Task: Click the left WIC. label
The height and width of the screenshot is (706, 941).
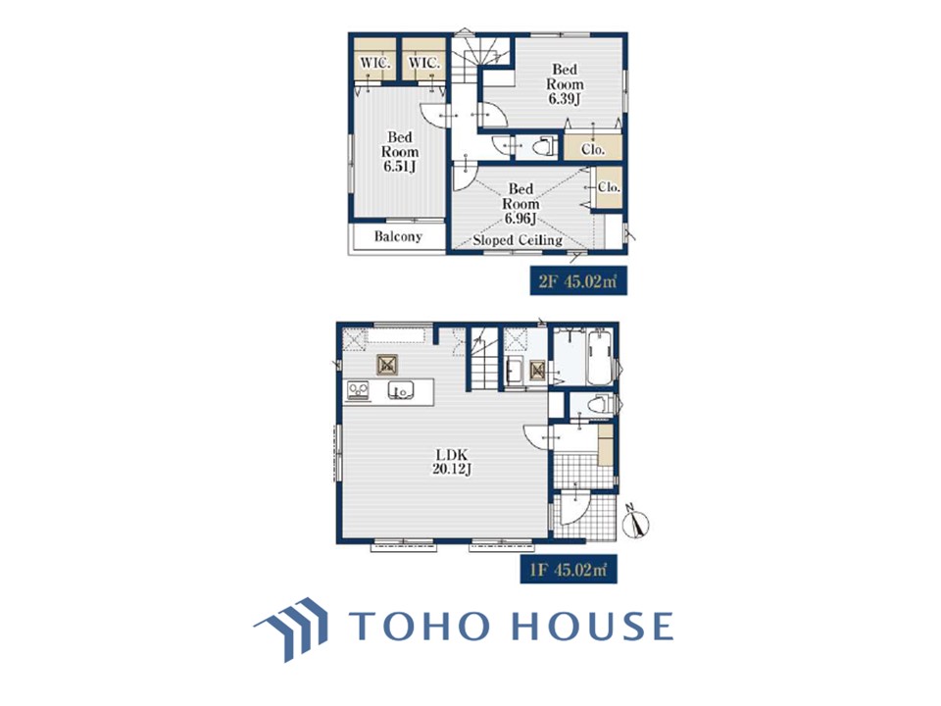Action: coord(375,63)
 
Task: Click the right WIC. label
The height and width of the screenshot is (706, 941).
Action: coord(424,63)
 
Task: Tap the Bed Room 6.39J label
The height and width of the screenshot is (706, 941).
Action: coord(565,84)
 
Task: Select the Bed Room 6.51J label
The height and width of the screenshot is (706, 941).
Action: coord(400,153)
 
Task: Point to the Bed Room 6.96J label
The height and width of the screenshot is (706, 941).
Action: coord(520,204)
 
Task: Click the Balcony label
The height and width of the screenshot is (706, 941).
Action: coord(398,236)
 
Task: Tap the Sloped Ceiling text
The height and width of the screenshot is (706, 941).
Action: coord(518,241)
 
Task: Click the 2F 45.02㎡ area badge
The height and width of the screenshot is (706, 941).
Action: coord(578,281)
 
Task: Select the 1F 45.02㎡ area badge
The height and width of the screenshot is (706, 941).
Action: coord(569,569)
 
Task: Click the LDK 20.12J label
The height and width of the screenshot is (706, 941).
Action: coord(452,462)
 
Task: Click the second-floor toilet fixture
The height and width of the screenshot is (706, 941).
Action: coord(544,146)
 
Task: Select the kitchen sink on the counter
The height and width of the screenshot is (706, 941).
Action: coord(401,391)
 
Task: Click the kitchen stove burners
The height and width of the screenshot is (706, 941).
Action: coord(359,391)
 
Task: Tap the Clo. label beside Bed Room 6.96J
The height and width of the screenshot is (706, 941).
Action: coord(609,187)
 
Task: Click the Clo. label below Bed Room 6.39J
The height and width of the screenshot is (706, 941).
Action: coord(593,149)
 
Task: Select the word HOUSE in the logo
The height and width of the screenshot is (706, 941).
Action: coord(593,626)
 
